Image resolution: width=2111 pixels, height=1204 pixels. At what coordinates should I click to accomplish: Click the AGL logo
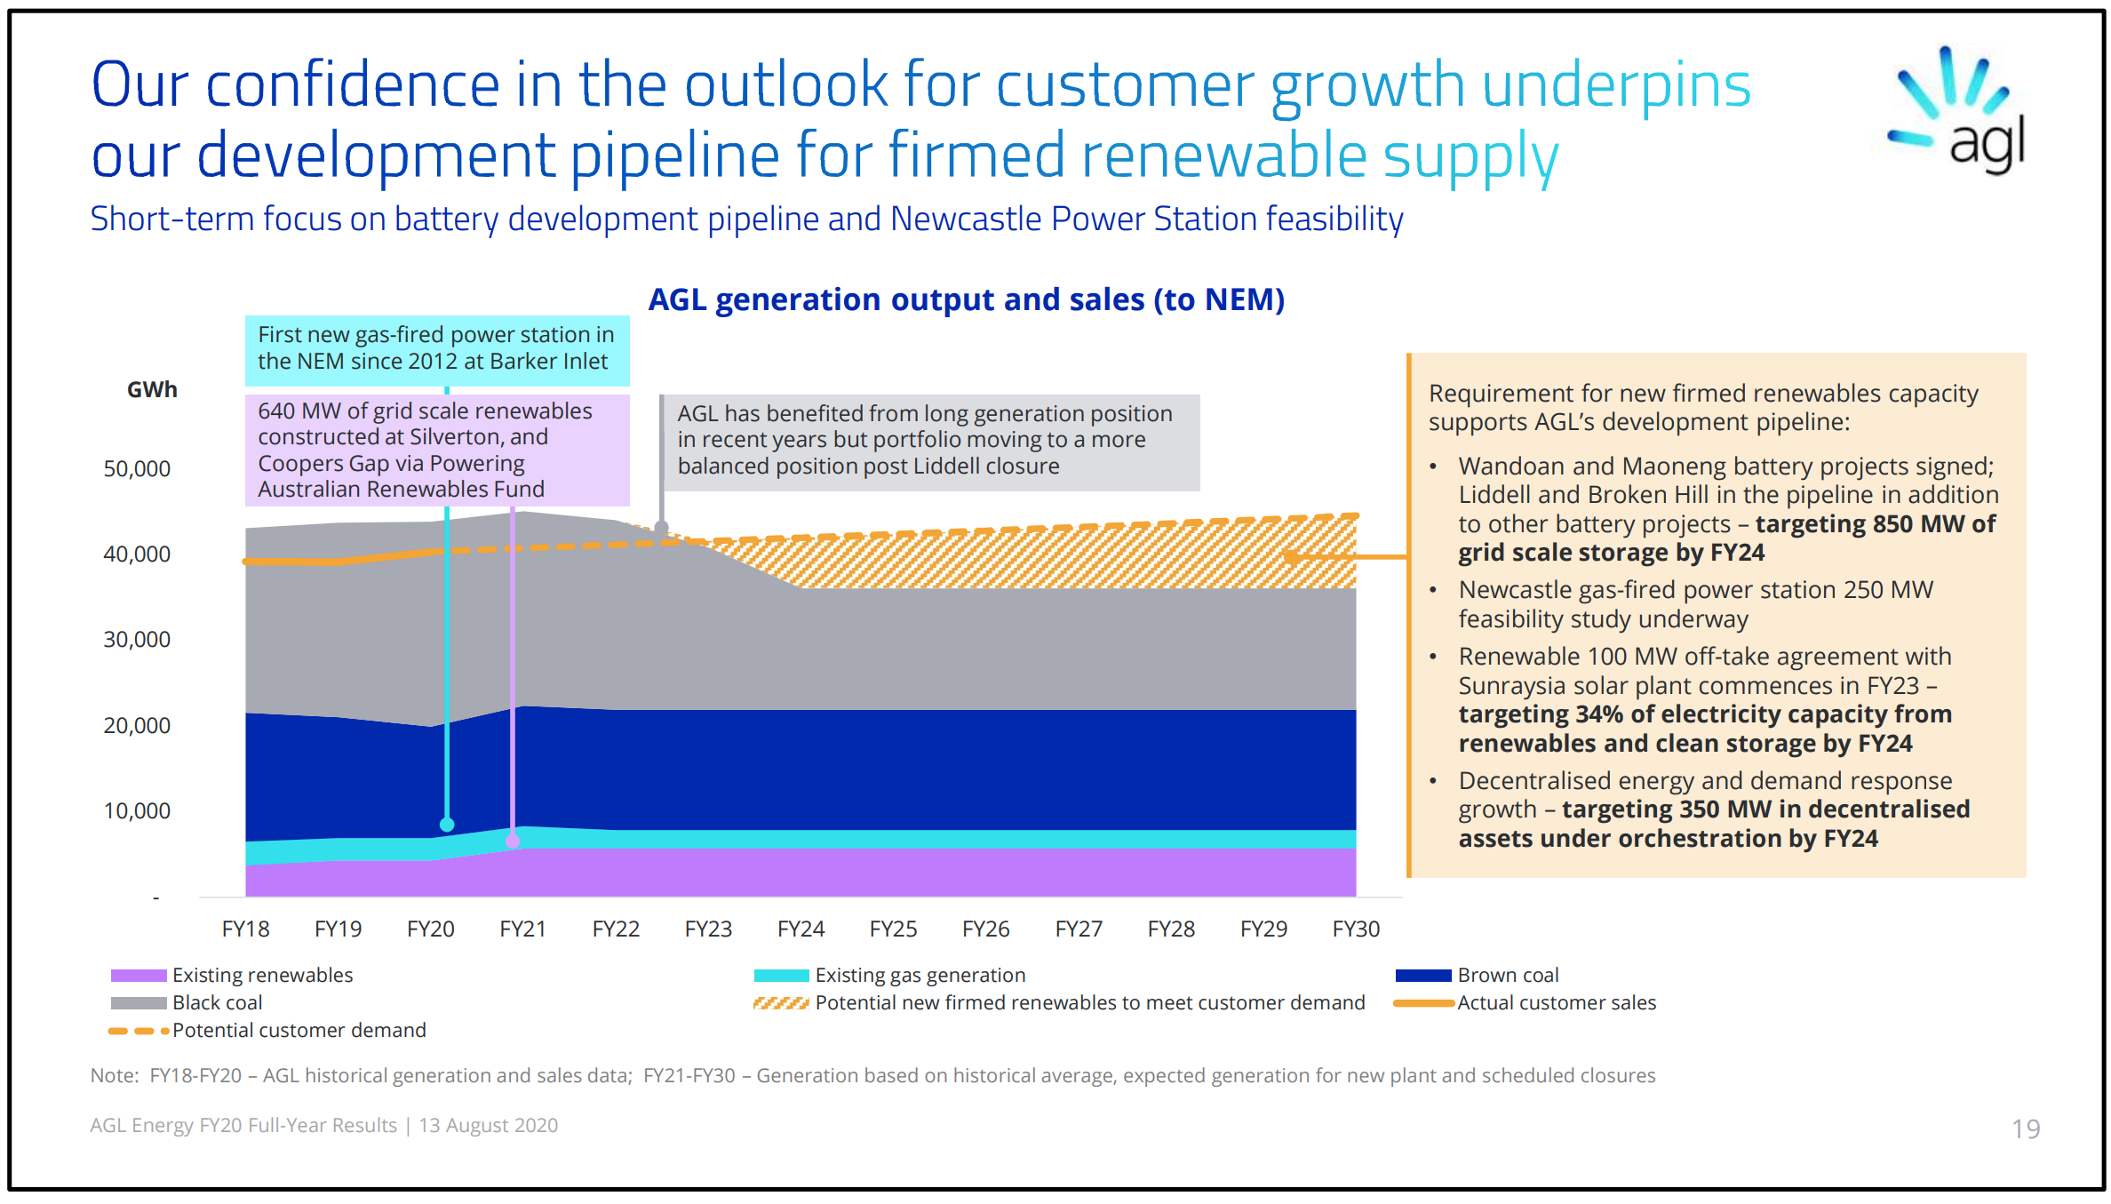click(x=1958, y=111)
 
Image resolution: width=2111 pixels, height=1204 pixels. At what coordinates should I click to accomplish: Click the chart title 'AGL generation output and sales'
click(x=966, y=300)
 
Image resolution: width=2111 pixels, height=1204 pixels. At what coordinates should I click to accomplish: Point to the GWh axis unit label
click(x=152, y=390)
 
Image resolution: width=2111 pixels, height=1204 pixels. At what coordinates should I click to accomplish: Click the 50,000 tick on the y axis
click(x=137, y=469)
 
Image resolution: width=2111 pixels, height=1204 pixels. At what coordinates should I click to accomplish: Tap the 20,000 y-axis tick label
click(x=137, y=726)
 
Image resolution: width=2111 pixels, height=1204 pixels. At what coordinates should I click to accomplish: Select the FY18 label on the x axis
click(x=245, y=929)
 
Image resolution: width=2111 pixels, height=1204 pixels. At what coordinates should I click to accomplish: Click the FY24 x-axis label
click(x=801, y=929)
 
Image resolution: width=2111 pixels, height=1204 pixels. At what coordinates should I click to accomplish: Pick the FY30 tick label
click(x=1355, y=929)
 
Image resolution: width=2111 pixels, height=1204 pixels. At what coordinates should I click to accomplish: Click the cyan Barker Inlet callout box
click(x=436, y=349)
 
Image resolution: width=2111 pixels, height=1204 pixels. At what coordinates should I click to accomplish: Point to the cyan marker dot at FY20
click(x=447, y=825)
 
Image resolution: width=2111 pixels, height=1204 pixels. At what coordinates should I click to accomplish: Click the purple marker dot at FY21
click(x=513, y=841)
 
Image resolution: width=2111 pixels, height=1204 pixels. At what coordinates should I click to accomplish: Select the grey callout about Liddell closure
click(x=928, y=441)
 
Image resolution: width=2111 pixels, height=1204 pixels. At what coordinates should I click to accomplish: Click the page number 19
click(x=2025, y=1128)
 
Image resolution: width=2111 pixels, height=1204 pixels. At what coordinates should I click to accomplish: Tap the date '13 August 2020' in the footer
click(x=488, y=1126)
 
